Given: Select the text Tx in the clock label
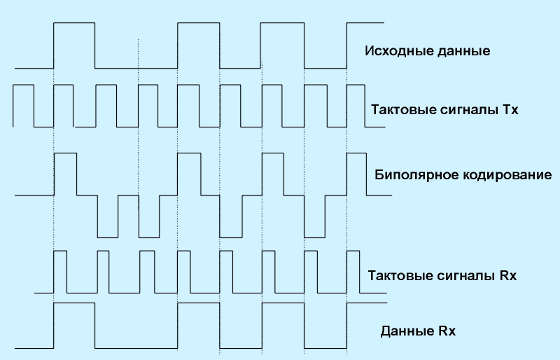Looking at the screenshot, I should point(510,111).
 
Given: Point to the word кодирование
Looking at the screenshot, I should point(505,174).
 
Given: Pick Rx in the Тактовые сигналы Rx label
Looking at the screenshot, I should point(508,275).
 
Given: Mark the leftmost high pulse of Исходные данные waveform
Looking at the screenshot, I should point(74,46).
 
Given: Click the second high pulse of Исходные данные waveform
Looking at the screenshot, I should point(199,46).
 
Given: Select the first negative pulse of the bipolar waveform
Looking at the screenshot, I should point(107,216).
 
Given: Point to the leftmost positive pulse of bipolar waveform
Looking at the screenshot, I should point(65,174).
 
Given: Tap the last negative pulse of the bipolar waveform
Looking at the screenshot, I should point(315,216).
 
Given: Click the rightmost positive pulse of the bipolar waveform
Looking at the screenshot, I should point(356,174).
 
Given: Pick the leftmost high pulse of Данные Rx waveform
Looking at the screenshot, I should point(74,326).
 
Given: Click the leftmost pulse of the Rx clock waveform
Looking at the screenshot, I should point(60,271).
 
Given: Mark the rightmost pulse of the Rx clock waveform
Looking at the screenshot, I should point(353,271).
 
